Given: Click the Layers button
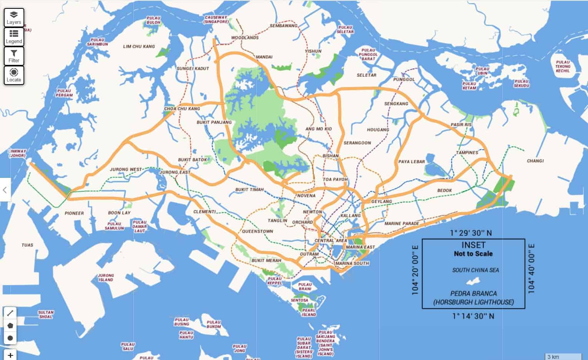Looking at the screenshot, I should point(14,18).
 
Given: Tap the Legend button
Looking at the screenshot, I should point(14,37).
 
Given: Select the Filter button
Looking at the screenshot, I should point(14,56).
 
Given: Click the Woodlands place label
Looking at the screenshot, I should point(245,38).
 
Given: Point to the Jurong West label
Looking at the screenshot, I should point(126,169).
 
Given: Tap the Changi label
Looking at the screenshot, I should point(535,161).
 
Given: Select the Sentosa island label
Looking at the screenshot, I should point(299,300).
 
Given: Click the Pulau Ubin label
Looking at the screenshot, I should point(482,71).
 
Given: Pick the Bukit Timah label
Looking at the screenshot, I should point(249,190).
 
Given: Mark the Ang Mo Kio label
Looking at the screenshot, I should point(319,129).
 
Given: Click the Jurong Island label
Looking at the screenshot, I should point(106,277).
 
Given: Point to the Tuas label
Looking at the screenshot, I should point(27,245).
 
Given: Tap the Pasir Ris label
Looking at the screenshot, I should point(461,125).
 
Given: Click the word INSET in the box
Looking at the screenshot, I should point(473,245).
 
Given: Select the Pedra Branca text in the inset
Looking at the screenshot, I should point(473,294).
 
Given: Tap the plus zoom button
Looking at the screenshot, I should point(10,355).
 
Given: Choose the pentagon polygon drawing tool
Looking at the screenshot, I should point(10,325).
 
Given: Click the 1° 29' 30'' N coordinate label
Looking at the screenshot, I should point(471,233).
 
